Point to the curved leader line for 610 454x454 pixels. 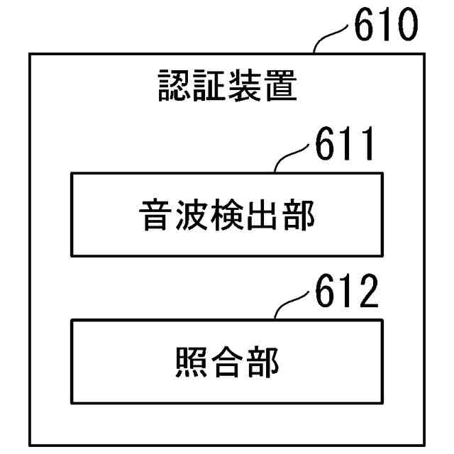331,38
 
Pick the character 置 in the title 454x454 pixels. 279,87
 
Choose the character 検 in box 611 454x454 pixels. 226,216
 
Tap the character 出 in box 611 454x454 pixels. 262,216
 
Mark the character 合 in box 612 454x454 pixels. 226,362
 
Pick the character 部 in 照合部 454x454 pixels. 262,362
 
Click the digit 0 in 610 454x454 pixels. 406,28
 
